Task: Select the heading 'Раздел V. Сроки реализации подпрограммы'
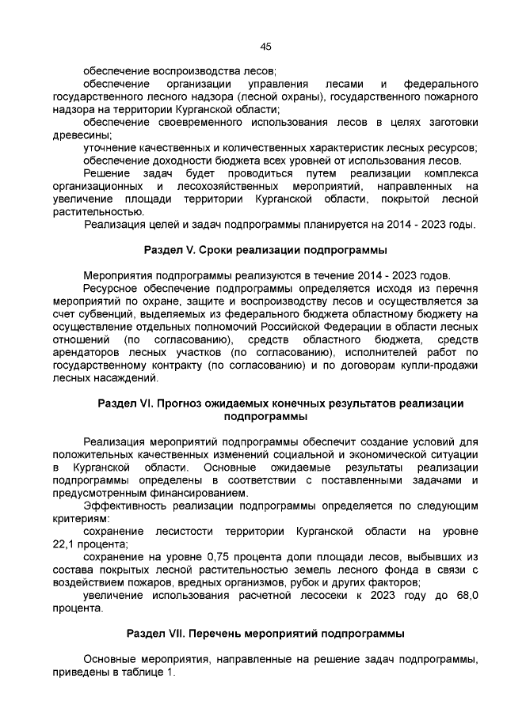point(265,250)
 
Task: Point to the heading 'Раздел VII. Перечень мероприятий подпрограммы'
point(265,634)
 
